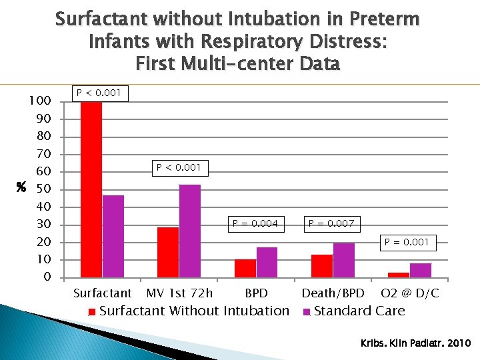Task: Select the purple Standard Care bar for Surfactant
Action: [113, 236]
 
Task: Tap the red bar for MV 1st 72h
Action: [168, 252]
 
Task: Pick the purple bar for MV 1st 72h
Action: [190, 231]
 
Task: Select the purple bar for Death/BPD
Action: [344, 260]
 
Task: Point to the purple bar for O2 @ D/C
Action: [421, 270]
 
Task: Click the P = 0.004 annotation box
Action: [255, 223]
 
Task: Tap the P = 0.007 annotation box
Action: [331, 223]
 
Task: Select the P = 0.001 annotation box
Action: [407, 242]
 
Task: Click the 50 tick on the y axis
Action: [43, 189]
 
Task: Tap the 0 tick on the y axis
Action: [46, 277]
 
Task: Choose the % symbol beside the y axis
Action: [21, 189]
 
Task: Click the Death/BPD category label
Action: [333, 293]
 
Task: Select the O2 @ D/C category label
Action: [409, 293]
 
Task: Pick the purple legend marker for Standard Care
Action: [307, 311]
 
